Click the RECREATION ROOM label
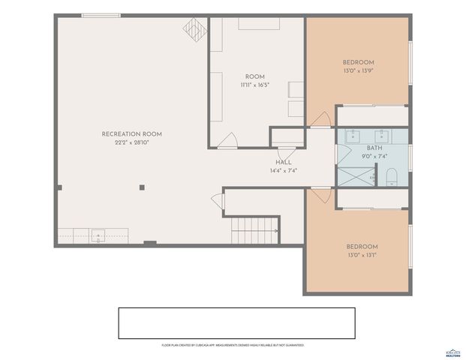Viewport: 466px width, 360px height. coord(131,133)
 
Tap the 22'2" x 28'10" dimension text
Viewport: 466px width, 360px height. coord(131,142)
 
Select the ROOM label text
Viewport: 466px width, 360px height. coord(254,76)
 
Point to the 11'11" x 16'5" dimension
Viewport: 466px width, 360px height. coord(254,85)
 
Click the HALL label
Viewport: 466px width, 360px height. coord(283,162)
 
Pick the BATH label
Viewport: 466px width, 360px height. coord(374,148)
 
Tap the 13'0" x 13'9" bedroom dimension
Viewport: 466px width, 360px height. coord(358,71)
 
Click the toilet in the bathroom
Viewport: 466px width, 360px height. coord(390,178)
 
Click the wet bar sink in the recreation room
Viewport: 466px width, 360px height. coord(98,235)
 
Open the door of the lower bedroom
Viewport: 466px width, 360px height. coord(320,193)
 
